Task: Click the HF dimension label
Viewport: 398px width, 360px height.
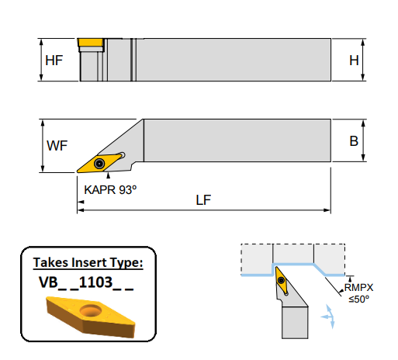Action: (54, 60)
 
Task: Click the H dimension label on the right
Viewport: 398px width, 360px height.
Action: (353, 60)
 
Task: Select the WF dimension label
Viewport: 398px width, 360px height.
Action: (57, 145)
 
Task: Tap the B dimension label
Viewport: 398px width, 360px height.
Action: (353, 141)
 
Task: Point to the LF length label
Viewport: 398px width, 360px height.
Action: (204, 199)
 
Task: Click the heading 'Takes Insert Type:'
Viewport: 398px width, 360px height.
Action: (88, 263)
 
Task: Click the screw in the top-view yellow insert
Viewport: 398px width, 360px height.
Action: (100, 163)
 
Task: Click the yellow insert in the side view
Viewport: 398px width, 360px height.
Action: (91, 42)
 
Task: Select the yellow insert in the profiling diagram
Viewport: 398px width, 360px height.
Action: (280, 284)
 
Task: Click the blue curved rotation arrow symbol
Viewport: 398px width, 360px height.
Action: (328, 316)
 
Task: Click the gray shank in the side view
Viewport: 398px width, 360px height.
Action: (233, 60)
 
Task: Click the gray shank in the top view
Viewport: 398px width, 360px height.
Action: (233, 140)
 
